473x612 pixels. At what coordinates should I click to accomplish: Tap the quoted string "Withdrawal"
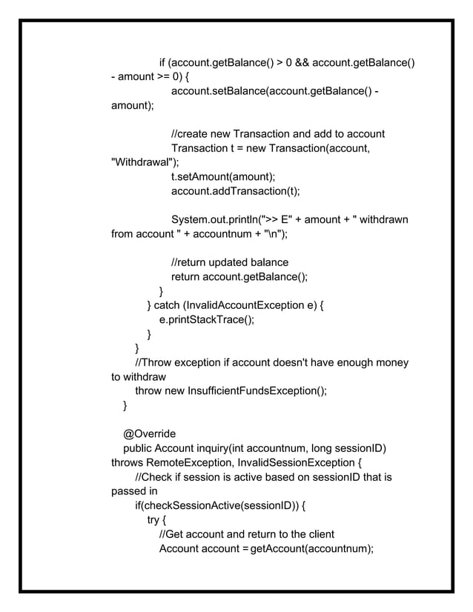pos(144,162)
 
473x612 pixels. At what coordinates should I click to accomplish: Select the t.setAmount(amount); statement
pos(223,177)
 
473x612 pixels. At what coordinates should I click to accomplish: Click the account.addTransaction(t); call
pos(235,191)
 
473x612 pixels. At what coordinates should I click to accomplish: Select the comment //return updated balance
pos(230,262)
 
